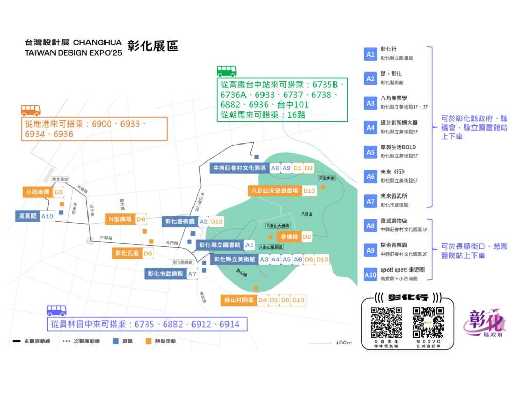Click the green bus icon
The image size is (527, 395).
point(226,71)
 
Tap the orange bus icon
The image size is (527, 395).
point(30,110)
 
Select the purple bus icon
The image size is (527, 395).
point(57,310)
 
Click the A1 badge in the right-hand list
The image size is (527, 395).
point(371,54)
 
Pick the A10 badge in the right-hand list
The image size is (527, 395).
point(371,275)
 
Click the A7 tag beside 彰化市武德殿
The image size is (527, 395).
point(192,274)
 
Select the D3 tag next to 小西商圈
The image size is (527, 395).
point(58,192)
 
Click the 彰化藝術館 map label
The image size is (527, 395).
point(179,222)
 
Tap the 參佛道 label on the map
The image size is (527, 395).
point(288,237)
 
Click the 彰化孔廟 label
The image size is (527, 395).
point(126,253)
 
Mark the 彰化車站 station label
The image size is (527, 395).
point(60,179)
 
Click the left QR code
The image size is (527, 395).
point(386,322)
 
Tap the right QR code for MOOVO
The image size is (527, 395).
point(428,322)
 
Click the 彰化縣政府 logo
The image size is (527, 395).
point(484,324)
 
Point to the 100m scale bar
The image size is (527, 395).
point(320,343)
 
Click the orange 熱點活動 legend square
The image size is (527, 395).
point(148,341)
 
